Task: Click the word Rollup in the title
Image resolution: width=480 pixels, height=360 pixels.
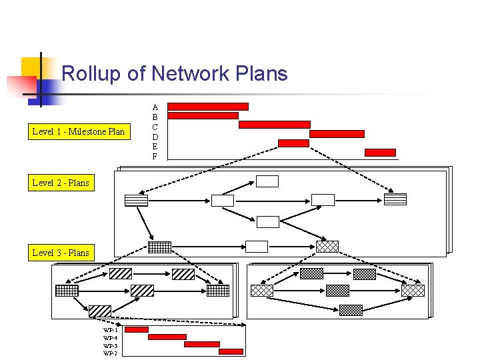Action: (x=91, y=73)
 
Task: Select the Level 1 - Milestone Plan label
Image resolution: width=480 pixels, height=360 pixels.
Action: (x=78, y=131)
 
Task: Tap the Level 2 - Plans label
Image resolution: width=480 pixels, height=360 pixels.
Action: (x=60, y=183)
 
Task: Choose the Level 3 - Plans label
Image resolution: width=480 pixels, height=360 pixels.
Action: (x=60, y=253)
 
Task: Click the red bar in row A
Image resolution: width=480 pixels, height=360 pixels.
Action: (x=208, y=107)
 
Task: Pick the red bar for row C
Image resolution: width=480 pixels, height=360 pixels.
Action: (x=274, y=125)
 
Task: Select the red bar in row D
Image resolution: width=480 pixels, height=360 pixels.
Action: (x=337, y=134)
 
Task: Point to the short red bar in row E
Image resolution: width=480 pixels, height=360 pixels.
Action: (x=293, y=143)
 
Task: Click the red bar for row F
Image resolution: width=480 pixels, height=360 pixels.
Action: (x=380, y=153)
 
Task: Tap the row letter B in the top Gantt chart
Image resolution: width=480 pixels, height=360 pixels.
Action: (x=155, y=117)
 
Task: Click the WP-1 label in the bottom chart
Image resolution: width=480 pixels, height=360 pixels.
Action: (x=110, y=330)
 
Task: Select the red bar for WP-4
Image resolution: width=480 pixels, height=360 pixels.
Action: (x=167, y=337)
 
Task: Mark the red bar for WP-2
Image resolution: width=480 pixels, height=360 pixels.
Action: (x=231, y=351)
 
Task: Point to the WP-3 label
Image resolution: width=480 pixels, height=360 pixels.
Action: (x=110, y=345)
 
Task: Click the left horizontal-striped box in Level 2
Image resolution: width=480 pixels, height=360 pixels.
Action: (x=136, y=200)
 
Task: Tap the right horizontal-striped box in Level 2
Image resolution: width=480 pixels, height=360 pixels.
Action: (x=395, y=199)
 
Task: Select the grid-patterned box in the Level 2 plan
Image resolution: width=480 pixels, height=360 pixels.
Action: (x=159, y=247)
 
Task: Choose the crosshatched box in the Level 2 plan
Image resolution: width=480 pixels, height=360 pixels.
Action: (x=327, y=247)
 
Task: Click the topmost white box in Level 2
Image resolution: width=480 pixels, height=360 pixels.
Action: (x=267, y=181)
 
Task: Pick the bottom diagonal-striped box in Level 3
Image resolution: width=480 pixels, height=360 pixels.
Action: (x=100, y=311)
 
